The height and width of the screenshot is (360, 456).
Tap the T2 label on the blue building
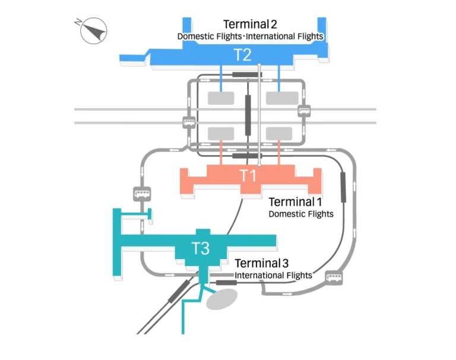pyautogui.click(x=242, y=55)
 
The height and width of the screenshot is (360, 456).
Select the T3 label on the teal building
pyautogui.click(x=200, y=248)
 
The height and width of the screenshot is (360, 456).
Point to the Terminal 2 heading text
pyautogui.click(x=250, y=24)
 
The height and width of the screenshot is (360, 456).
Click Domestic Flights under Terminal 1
pyautogui.click(x=301, y=214)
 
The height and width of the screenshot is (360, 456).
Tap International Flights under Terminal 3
pyautogui.click(x=273, y=276)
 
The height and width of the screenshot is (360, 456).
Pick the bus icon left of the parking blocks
pyautogui.click(x=188, y=123)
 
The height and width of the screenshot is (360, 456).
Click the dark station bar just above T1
pyautogui.click(x=244, y=156)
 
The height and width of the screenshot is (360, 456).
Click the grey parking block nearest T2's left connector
pyautogui.click(x=220, y=99)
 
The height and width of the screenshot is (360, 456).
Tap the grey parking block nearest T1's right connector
pyautogui.click(x=278, y=132)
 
